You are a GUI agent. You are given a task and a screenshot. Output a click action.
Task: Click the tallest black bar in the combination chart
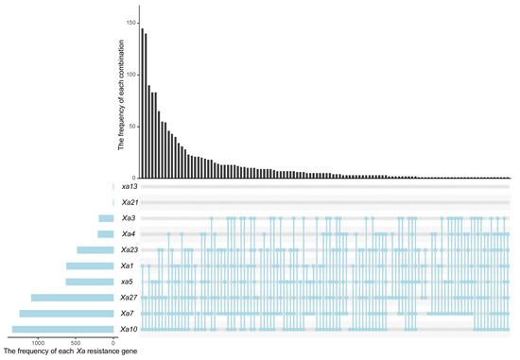click(x=143, y=103)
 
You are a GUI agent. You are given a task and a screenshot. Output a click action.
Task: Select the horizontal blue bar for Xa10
click(x=63, y=329)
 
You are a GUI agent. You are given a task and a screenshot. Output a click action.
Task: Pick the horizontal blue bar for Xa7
click(x=67, y=314)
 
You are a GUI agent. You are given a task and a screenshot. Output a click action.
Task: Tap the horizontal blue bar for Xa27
click(x=73, y=298)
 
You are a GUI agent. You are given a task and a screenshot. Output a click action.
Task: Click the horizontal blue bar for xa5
click(x=90, y=282)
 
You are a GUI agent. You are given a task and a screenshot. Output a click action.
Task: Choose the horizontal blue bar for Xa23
click(x=95, y=250)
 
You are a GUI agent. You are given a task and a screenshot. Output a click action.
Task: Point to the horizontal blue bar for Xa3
click(x=106, y=218)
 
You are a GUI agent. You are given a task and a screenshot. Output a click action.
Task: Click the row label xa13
click(x=130, y=187)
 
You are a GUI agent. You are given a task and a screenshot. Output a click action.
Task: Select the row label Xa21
click(x=130, y=202)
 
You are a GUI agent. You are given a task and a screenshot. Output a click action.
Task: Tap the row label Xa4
click(x=129, y=234)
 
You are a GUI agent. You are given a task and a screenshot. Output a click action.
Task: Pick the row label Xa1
click(x=128, y=266)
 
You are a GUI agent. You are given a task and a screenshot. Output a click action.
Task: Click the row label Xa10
click(x=129, y=329)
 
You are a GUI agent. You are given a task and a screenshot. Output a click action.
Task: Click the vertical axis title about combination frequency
click(x=121, y=94)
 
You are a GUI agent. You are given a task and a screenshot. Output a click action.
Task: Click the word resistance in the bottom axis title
click(x=101, y=351)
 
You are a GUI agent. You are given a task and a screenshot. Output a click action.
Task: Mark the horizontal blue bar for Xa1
click(x=90, y=266)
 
